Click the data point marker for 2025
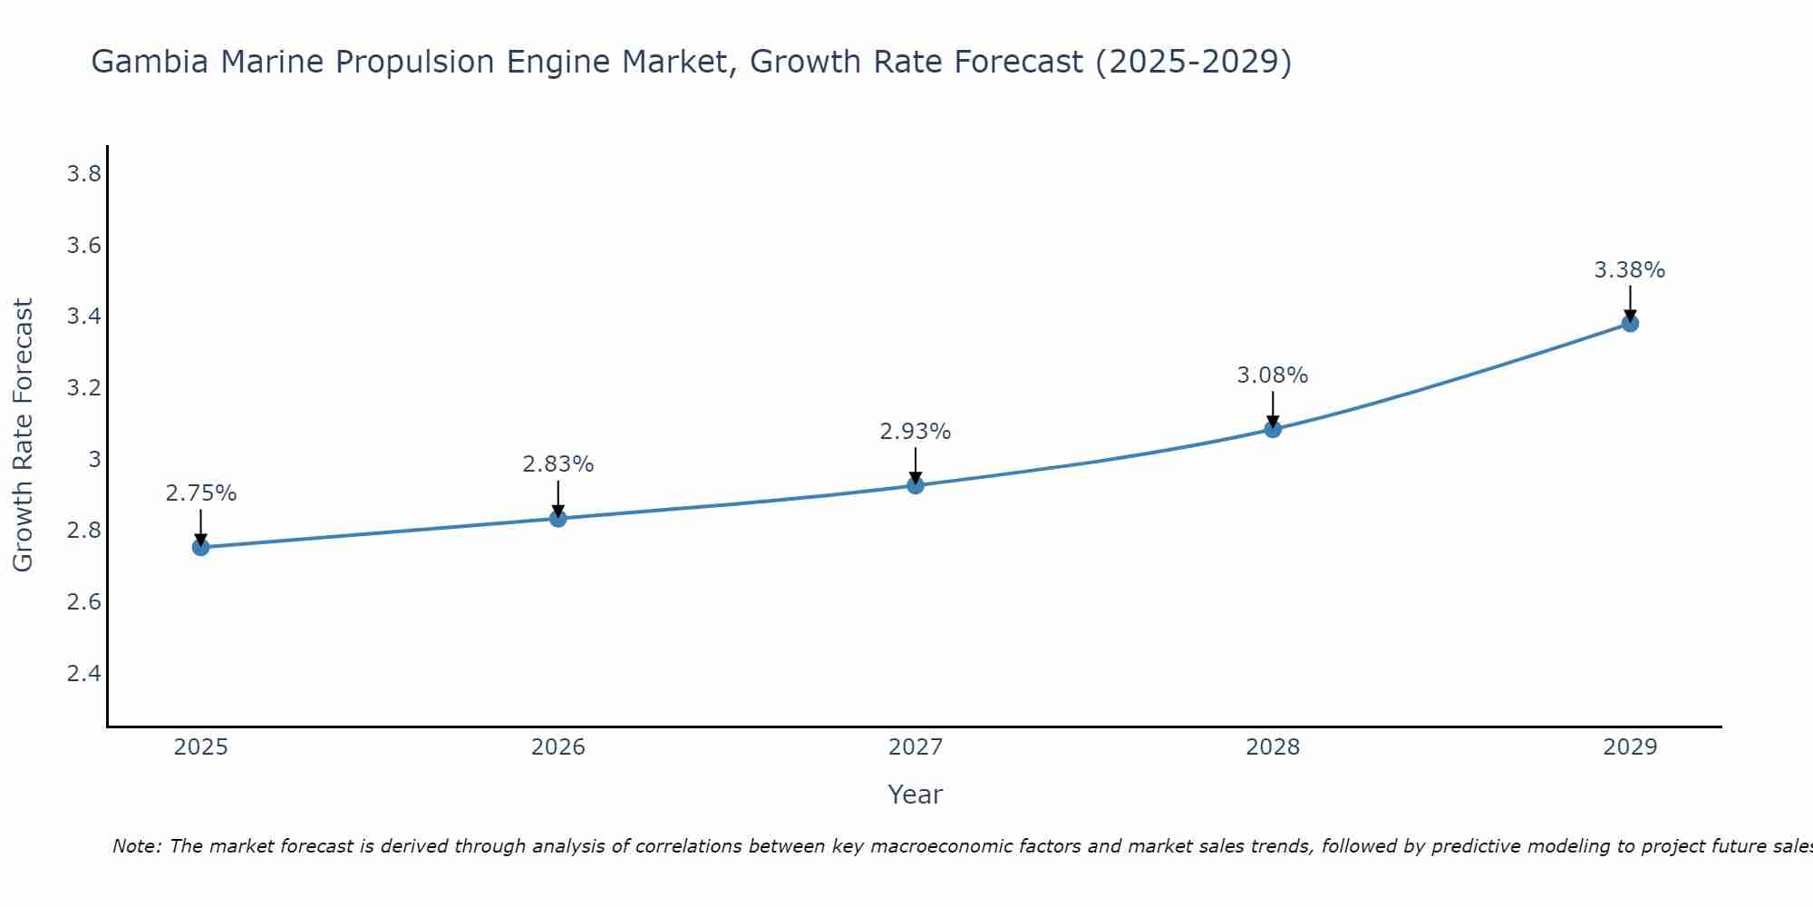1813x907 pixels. point(201,547)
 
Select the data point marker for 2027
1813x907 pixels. point(916,485)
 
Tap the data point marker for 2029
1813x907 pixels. point(1630,323)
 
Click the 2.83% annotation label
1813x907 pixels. point(558,464)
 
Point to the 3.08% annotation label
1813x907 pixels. point(1273,375)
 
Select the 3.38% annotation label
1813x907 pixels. point(1630,270)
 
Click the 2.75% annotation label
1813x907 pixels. point(201,493)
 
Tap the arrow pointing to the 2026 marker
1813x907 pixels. point(558,498)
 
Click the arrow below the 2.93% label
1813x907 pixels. point(916,466)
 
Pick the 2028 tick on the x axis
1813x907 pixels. point(1273,747)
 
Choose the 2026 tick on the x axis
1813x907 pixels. point(558,747)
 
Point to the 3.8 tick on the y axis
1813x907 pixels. point(83,174)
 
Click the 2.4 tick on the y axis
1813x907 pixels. point(83,673)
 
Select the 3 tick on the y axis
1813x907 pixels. point(94,459)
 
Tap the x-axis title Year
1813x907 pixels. point(916,795)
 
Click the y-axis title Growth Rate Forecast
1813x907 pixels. point(23,435)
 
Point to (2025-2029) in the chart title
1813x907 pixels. point(1193,62)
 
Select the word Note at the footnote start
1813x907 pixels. point(136,846)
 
